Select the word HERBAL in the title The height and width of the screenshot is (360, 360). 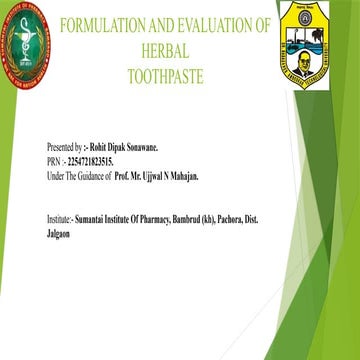click(165, 49)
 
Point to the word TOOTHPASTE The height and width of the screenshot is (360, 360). click(165, 73)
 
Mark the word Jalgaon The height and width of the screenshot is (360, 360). click(61, 231)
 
